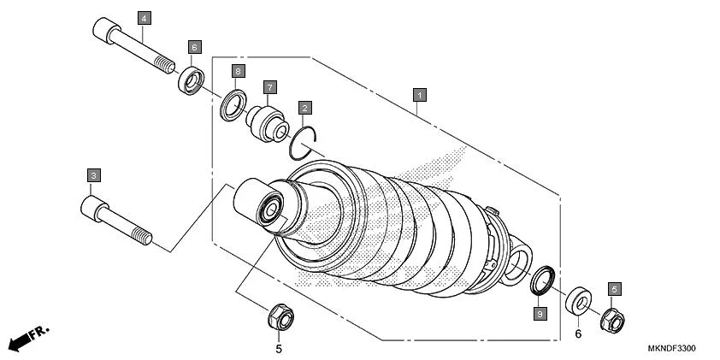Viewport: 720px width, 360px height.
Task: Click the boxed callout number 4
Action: pos(143,18)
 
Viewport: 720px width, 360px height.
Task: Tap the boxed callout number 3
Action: pos(94,174)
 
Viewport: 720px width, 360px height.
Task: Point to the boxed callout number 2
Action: pos(304,108)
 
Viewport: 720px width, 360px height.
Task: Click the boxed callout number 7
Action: pos(269,87)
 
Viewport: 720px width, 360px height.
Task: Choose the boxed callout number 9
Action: pos(539,314)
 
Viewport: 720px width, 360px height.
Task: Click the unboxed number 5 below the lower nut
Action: pos(278,348)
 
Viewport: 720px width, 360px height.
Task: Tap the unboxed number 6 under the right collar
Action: pos(578,333)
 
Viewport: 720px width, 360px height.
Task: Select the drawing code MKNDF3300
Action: pos(671,349)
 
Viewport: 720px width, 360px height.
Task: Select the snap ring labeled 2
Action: pos(304,141)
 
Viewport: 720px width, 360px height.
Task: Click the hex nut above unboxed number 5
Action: pos(280,319)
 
